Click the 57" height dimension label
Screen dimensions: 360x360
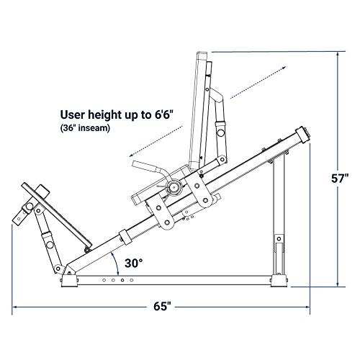point(340,179)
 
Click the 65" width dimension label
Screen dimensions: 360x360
point(163,307)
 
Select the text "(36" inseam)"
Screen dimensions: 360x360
point(85,128)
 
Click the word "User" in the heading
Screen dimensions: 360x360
point(73,114)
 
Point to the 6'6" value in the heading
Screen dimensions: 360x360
point(163,114)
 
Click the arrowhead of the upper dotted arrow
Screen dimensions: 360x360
point(284,68)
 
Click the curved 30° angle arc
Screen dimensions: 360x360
point(116,264)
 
